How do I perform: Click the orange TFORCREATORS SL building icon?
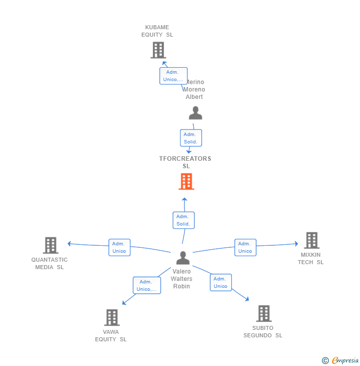[x=186, y=182]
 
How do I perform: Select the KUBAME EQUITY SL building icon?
[x=158, y=50]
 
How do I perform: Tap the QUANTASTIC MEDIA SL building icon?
[x=50, y=245]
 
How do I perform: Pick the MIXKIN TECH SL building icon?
[x=312, y=240]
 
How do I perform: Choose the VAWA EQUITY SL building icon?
[x=112, y=318]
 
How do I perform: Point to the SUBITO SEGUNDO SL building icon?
[x=264, y=314]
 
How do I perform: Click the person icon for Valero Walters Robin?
[x=183, y=258]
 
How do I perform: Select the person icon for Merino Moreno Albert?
[x=195, y=113]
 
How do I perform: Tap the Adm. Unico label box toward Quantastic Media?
[x=119, y=247]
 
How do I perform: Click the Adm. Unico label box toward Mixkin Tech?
[x=245, y=247]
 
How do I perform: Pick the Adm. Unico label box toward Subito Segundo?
[x=221, y=282]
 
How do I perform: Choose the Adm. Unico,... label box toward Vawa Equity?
[x=147, y=285]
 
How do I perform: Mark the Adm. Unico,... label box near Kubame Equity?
[x=173, y=76]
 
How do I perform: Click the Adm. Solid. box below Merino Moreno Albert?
[x=190, y=138]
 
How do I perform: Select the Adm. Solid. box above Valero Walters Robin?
[x=183, y=220]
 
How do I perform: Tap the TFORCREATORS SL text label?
[x=185, y=162]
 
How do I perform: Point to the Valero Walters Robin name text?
[x=181, y=279]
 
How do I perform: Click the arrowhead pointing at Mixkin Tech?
[x=296, y=243]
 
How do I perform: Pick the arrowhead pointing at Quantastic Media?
[x=69, y=243]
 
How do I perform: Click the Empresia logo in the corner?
[x=340, y=361]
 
